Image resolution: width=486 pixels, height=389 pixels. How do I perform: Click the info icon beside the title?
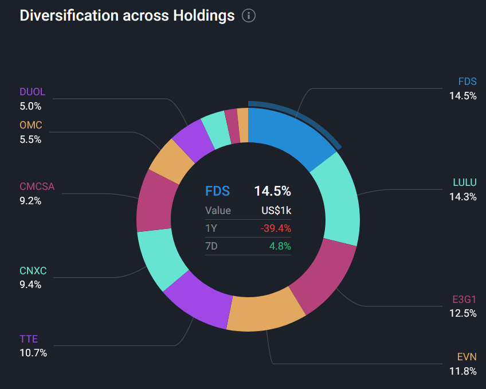coord(248,15)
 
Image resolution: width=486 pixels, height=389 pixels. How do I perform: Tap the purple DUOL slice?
coord(193,139)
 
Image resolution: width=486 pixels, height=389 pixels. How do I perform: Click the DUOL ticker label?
coord(32,92)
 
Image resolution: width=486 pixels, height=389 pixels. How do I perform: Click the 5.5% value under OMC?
coord(30,139)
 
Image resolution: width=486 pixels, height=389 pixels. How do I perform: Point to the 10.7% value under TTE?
coord(33,353)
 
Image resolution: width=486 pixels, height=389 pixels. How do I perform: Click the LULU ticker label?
coord(464,183)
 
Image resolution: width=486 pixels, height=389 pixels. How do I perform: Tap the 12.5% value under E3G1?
coord(463,313)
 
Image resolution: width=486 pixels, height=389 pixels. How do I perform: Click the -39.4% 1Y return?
coord(276,228)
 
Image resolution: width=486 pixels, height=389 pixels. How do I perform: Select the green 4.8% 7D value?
coord(280,246)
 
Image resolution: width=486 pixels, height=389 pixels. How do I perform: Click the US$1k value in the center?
coord(276,211)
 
